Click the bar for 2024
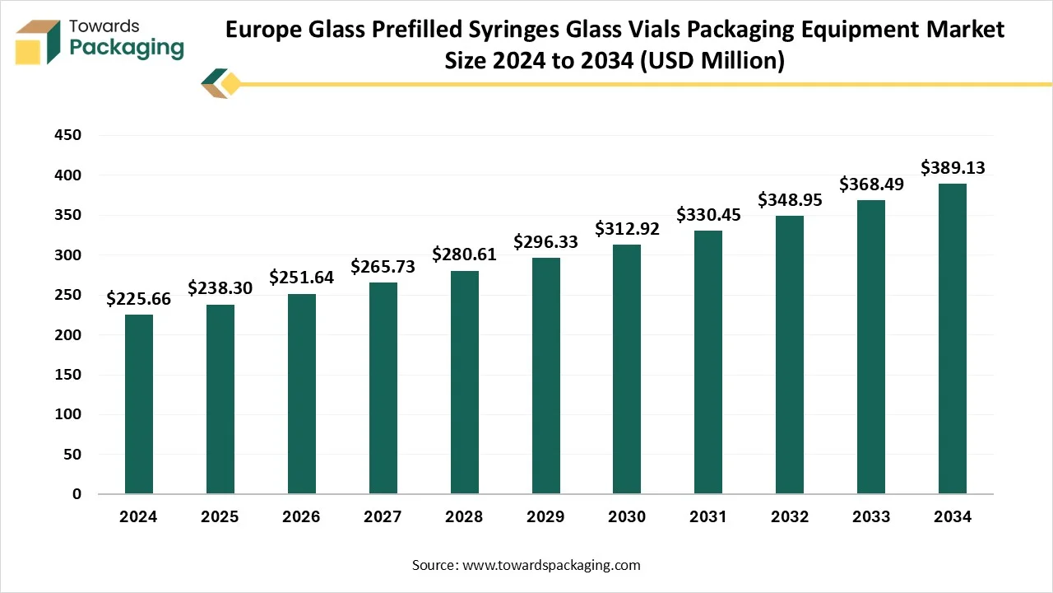tap(138, 404)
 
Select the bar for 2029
tap(545, 376)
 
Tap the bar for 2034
tap(953, 339)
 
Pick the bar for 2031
tap(708, 362)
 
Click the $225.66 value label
tap(138, 299)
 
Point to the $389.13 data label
tap(953, 168)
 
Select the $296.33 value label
tap(545, 242)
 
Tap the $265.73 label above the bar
tap(383, 267)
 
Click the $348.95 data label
tap(790, 200)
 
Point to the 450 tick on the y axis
tap(68, 136)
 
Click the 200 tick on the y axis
tap(68, 335)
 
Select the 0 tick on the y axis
tap(77, 494)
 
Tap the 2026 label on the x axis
tap(301, 517)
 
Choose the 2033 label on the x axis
tap(871, 517)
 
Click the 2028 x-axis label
tap(464, 517)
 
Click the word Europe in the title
tap(267, 30)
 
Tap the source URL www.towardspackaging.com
tap(551, 565)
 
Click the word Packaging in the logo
tap(127, 49)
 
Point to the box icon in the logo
tap(38, 41)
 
